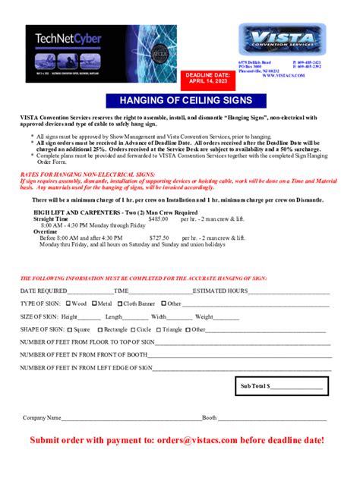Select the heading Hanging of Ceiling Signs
point(180,101)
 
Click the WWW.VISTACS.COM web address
point(285,76)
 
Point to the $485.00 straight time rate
point(158,219)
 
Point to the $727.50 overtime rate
point(158,237)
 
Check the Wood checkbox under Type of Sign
point(68,303)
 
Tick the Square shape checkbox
point(71,330)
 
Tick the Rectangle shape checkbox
point(100,330)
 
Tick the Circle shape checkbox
point(133,330)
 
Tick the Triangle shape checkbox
point(159,330)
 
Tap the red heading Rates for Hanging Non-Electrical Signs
point(80,174)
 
